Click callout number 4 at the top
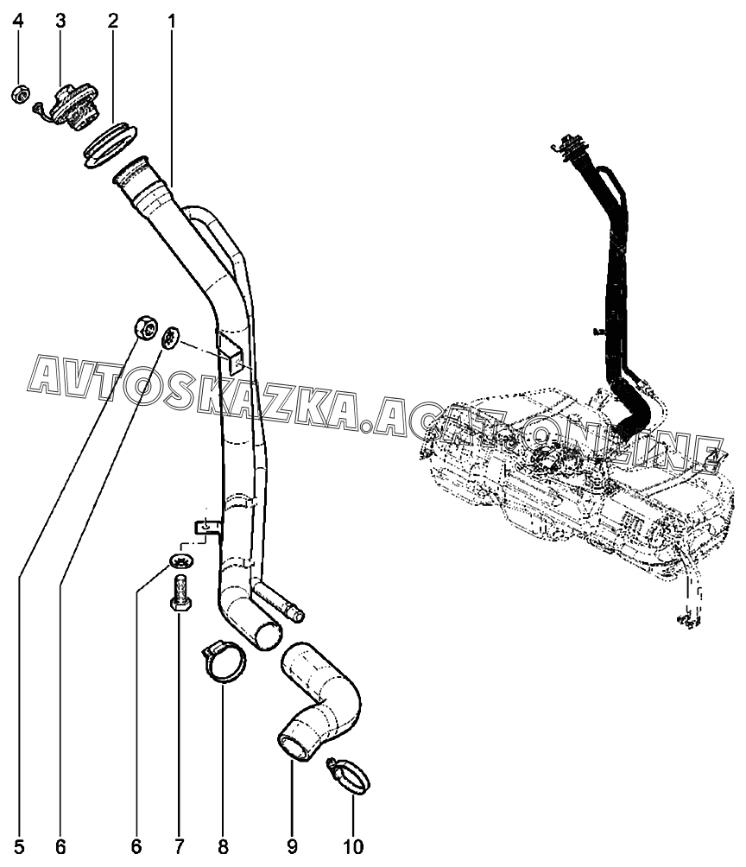(x=20, y=21)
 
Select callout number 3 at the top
(x=60, y=21)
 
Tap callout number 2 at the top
(x=113, y=21)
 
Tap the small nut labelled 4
(x=19, y=93)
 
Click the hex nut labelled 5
(x=144, y=328)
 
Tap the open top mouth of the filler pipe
(x=133, y=169)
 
